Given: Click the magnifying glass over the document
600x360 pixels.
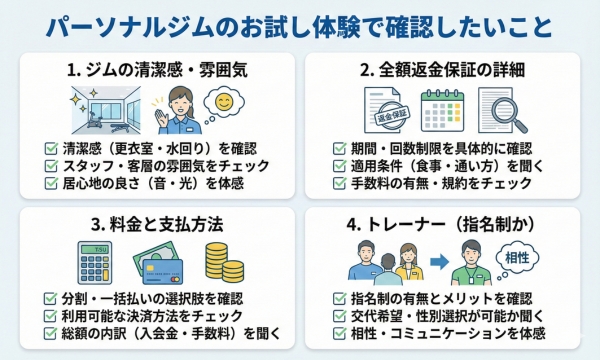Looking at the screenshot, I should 505,112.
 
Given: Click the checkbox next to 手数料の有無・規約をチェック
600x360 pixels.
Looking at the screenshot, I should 342,184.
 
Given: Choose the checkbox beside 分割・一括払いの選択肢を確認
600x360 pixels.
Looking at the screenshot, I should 50,297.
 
